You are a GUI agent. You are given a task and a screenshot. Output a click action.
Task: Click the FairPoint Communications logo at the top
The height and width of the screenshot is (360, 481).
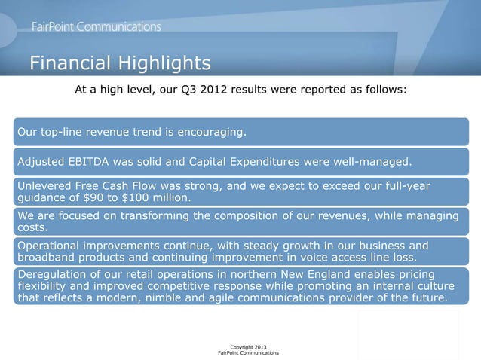tap(96, 26)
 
